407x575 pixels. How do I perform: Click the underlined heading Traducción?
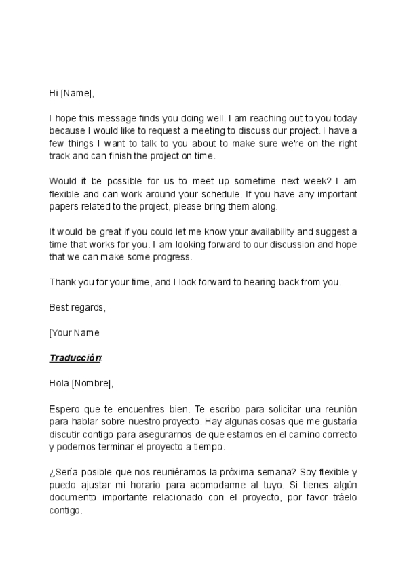[x=75, y=358]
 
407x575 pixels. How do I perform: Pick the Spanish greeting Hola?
[x=59, y=383]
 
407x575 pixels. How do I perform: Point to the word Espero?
[x=64, y=409]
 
